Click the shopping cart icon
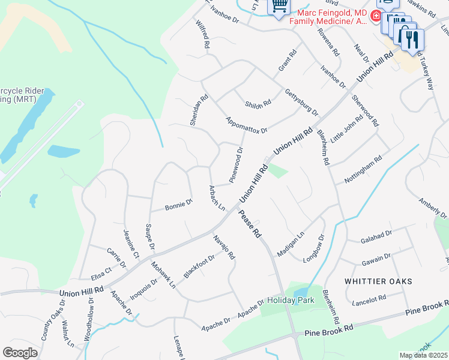click(x=279, y=7)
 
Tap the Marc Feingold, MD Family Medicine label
click(x=328, y=16)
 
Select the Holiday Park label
click(x=286, y=299)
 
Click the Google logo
click(x=20, y=352)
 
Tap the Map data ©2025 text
click(x=423, y=355)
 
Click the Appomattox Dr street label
click(x=247, y=124)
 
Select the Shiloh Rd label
click(x=258, y=104)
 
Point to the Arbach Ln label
click(x=216, y=198)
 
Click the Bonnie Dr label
click(x=179, y=205)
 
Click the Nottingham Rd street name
click(x=363, y=170)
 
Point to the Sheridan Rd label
click(x=199, y=109)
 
